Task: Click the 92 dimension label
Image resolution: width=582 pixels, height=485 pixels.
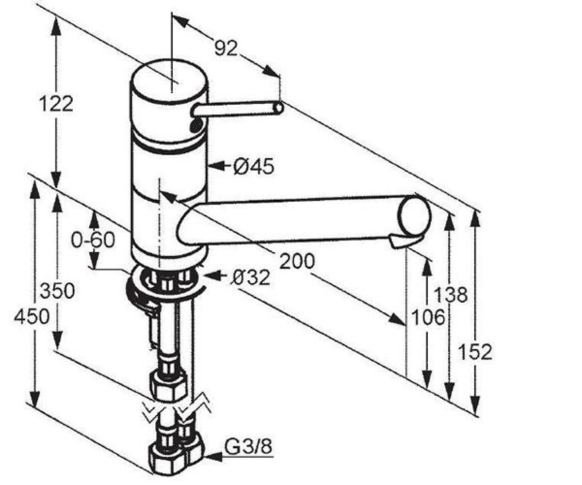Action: pos(226,48)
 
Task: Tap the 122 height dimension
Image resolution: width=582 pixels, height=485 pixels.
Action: pos(56,103)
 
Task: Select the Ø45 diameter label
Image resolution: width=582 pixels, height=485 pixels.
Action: pos(253,166)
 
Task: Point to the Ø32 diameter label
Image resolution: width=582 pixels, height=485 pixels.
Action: pos(250,277)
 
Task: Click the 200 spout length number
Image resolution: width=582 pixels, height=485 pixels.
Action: pos(297,261)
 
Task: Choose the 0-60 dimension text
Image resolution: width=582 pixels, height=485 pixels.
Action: pos(93,240)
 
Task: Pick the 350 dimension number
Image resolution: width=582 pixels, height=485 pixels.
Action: pos(57,291)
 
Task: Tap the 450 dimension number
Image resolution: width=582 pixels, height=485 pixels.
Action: pos(32,317)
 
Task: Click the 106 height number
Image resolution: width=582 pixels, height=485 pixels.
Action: pos(428,317)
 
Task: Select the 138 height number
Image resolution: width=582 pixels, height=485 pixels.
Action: pos(451,294)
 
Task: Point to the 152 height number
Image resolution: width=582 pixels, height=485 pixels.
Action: pos(475,352)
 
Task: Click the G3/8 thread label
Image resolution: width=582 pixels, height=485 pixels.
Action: pos(248,447)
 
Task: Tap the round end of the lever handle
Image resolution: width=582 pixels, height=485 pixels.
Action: pos(278,107)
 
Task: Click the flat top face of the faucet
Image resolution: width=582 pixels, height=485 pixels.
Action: pos(169,80)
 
